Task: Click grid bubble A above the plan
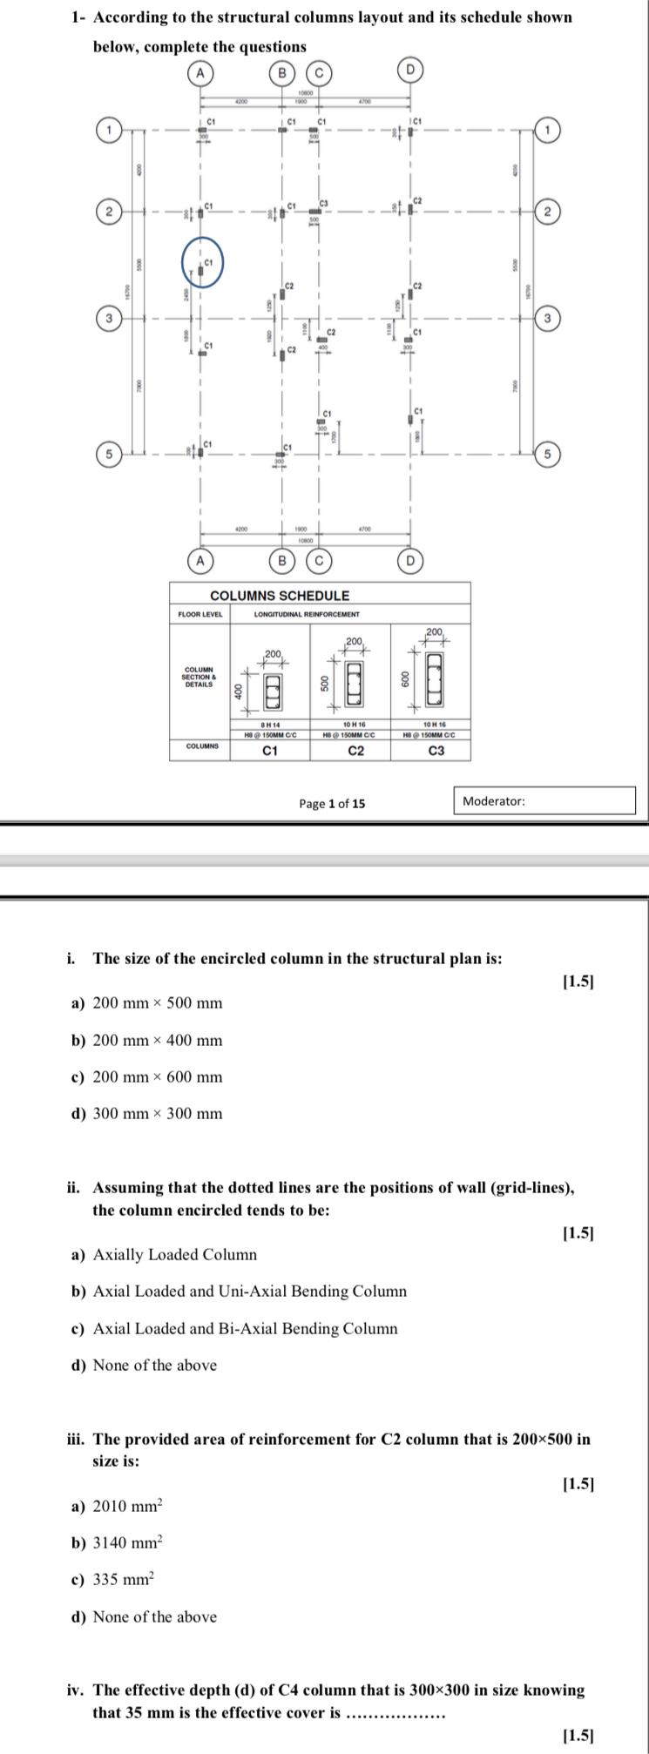pyautogui.click(x=200, y=73)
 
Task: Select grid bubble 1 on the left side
pyautogui.click(x=108, y=130)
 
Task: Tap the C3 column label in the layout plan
pyautogui.click(x=324, y=202)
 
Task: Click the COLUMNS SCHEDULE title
pyautogui.click(x=280, y=596)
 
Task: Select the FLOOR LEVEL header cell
pyautogui.click(x=200, y=614)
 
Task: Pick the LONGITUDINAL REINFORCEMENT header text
pyautogui.click(x=307, y=614)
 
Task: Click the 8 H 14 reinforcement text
pyautogui.click(x=270, y=725)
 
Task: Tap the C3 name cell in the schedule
pyautogui.click(x=436, y=750)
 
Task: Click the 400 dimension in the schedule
pyautogui.click(x=238, y=691)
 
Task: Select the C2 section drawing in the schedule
pyautogui.click(x=354, y=684)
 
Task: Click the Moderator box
pyautogui.click(x=544, y=801)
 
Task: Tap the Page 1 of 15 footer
pyautogui.click(x=332, y=804)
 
